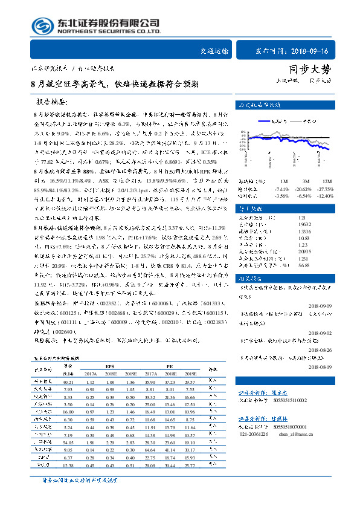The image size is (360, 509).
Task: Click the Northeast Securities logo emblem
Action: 40,26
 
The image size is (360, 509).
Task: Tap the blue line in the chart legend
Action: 271,120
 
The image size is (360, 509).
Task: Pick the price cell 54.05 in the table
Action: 68,442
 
